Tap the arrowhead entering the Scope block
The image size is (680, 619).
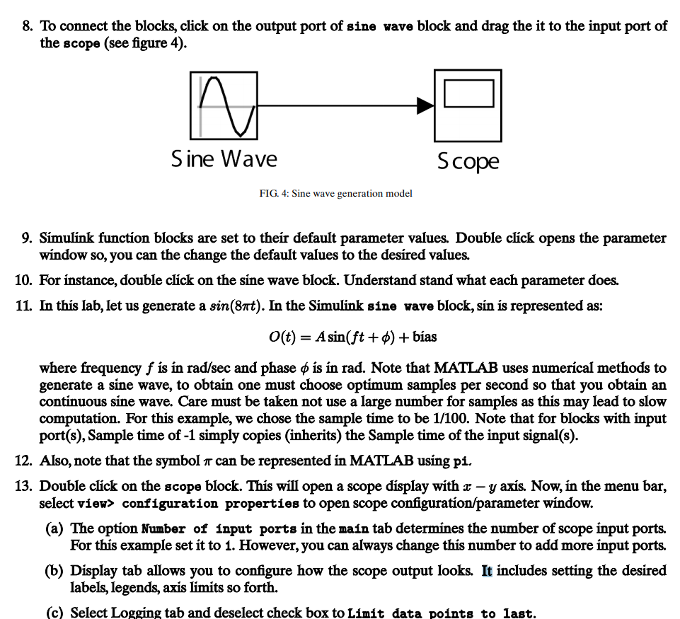coord(425,106)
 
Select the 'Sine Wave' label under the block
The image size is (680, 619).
coord(224,158)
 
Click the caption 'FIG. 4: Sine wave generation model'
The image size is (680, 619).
coord(335,193)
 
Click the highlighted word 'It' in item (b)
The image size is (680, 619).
coord(488,571)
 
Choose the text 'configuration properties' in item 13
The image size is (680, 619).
coord(204,504)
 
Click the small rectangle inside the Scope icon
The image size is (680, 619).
coord(468,93)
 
